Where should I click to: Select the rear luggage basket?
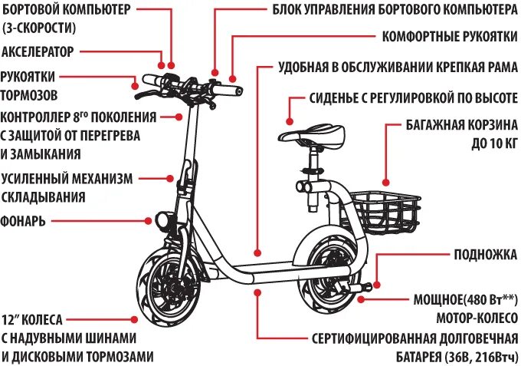[386, 208]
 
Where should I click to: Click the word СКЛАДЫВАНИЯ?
[43, 197]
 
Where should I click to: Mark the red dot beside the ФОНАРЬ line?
[148, 221]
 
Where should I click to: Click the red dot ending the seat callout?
[290, 120]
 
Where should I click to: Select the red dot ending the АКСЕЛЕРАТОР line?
[161, 64]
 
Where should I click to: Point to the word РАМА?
[502, 67]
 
